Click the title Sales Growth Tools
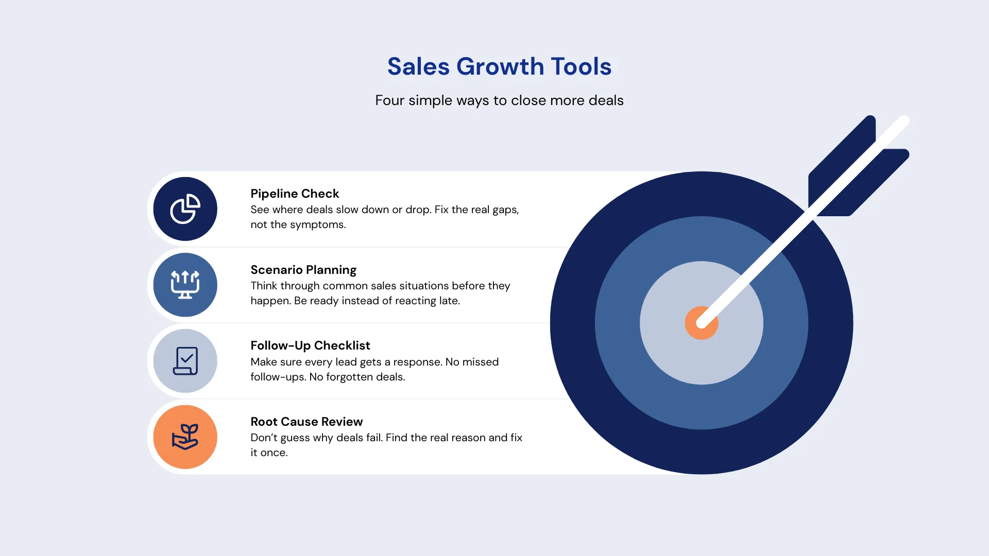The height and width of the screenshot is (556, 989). click(x=499, y=67)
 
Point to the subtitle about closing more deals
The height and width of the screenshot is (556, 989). click(x=499, y=100)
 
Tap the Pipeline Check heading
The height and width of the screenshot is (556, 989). click(x=295, y=194)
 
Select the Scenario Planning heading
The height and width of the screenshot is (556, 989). click(x=303, y=270)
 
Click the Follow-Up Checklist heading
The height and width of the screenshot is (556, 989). click(x=310, y=345)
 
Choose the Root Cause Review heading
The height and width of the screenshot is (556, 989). click(x=306, y=422)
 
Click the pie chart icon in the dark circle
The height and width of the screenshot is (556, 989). click(x=185, y=209)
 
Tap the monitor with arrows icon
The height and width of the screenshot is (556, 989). click(x=185, y=285)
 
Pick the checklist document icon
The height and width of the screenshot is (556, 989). click(x=185, y=361)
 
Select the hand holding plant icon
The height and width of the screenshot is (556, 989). click(x=185, y=437)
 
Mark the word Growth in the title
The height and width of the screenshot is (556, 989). click(x=500, y=67)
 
